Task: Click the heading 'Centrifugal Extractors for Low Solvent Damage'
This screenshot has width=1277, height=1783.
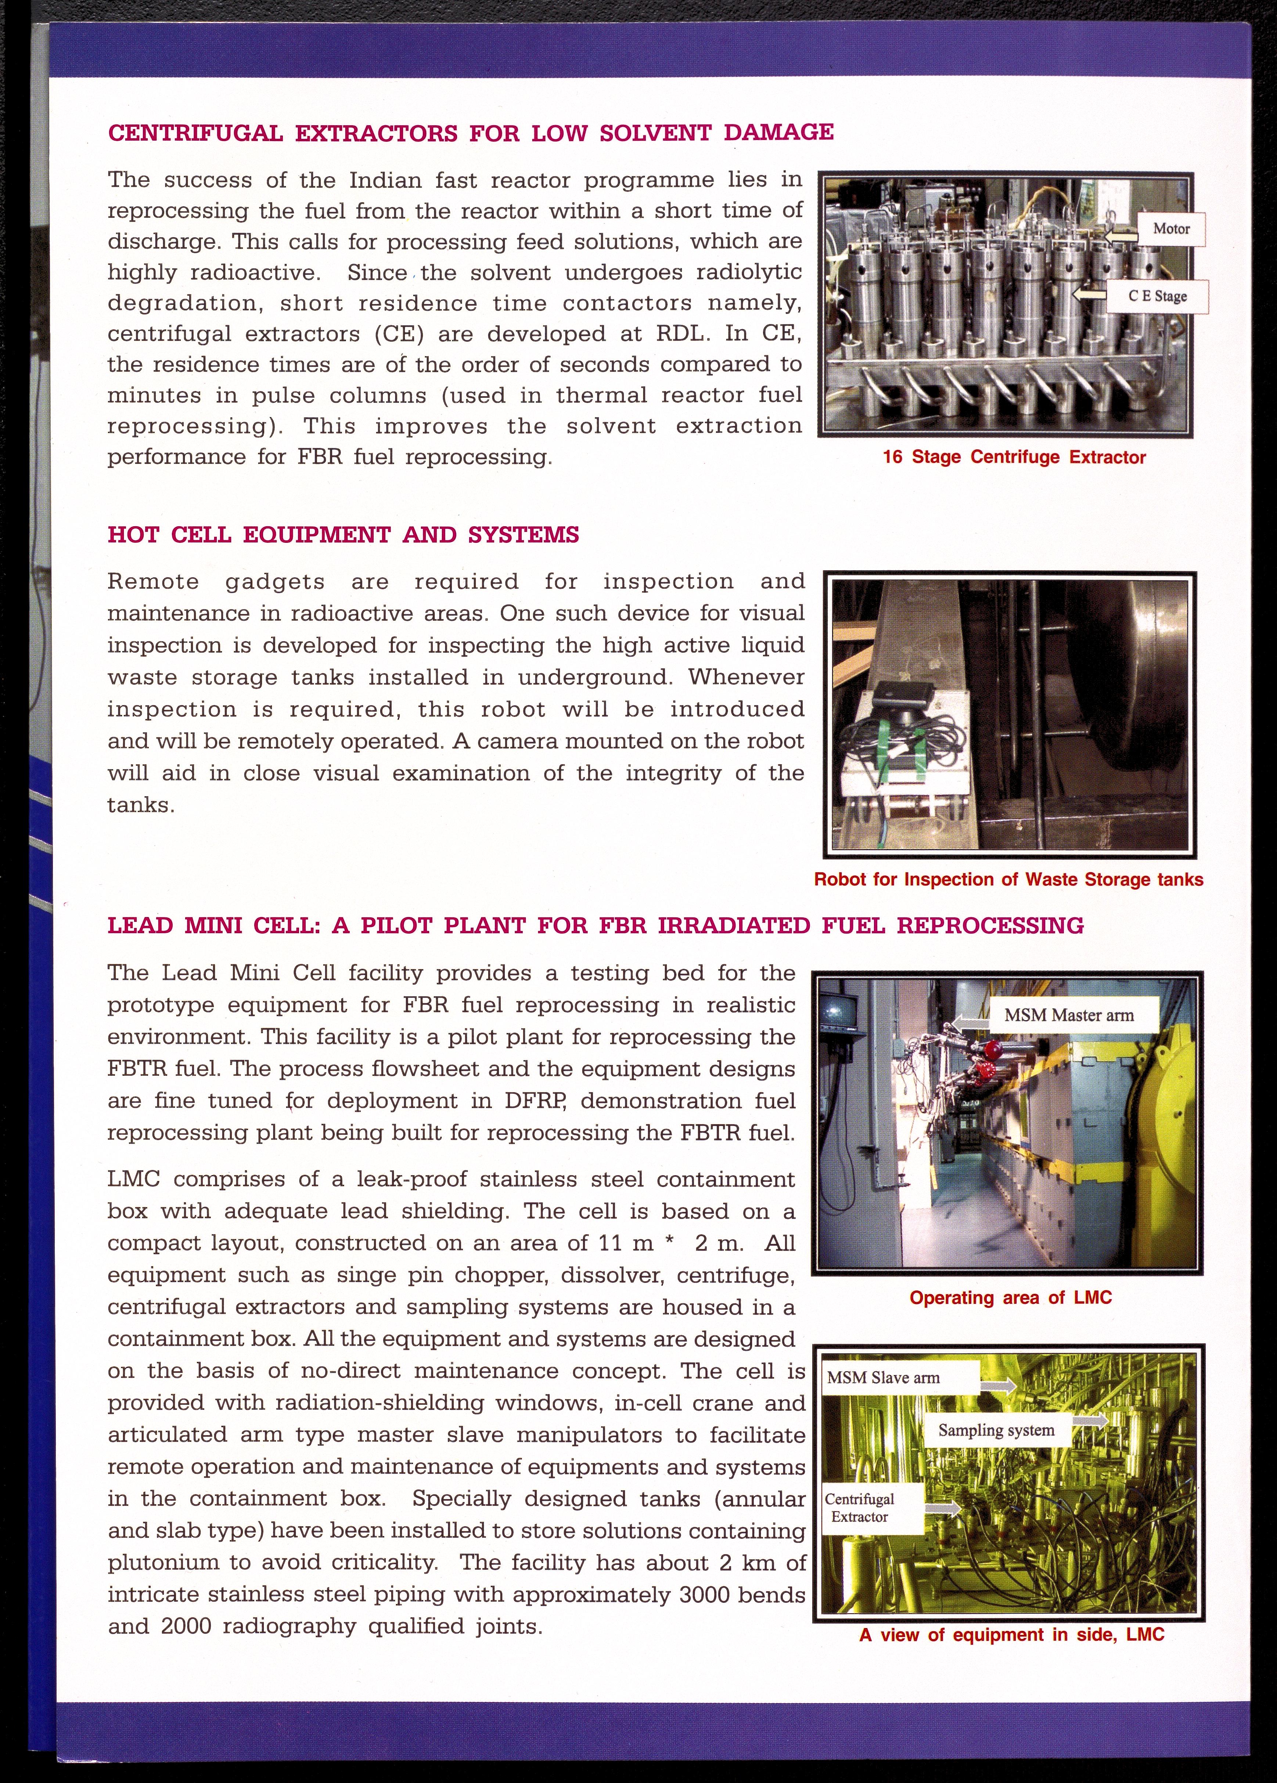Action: (470, 132)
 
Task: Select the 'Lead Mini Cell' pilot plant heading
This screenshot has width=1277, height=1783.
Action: (595, 925)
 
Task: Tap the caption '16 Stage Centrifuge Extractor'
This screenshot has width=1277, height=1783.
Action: (1014, 458)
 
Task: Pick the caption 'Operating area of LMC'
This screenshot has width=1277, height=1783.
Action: (1010, 1297)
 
